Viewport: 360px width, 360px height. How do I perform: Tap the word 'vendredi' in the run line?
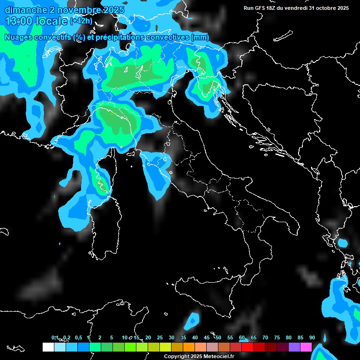[295, 8]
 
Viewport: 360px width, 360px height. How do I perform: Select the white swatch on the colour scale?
[48, 347]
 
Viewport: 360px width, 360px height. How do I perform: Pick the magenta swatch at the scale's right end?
[306, 347]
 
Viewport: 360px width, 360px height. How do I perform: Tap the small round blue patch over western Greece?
[343, 243]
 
